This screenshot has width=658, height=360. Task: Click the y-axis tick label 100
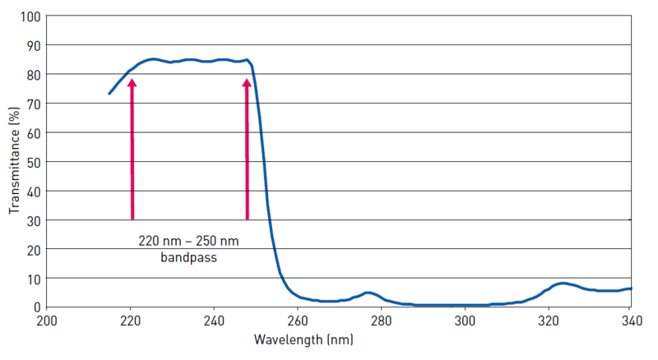click(31, 16)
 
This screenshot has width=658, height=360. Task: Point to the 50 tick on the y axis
click(35, 162)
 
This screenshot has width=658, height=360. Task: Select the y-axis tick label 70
click(35, 104)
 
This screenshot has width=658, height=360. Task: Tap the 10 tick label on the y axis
click(35, 278)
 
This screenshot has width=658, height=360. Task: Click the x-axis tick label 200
click(48, 321)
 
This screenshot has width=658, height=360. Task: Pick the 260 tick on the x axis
click(298, 321)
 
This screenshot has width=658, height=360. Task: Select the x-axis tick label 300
click(465, 321)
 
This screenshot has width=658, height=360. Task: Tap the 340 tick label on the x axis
click(630, 321)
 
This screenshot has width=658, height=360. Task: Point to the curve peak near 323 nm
click(562, 284)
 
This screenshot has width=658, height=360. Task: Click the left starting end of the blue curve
click(109, 94)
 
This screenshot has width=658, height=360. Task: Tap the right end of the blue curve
click(630, 288)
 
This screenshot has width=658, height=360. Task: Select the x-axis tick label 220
click(131, 321)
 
